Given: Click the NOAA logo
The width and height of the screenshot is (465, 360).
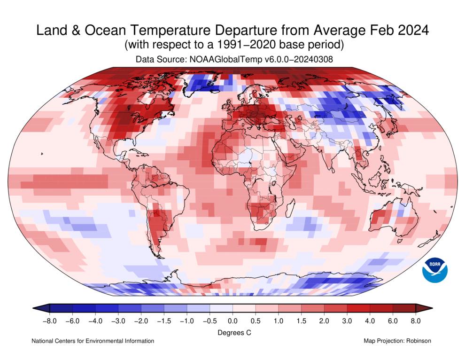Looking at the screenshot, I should pos(434,270).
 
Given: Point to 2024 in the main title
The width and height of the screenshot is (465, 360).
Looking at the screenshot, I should pos(412,31).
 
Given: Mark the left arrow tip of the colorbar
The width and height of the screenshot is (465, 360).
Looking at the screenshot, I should pos(34,308).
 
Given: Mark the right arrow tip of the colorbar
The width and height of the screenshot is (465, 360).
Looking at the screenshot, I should pos(431,308).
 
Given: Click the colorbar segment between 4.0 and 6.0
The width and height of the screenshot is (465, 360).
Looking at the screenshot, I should pos(381,308).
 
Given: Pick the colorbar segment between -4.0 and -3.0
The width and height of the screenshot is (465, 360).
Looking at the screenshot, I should pos(107,308).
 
